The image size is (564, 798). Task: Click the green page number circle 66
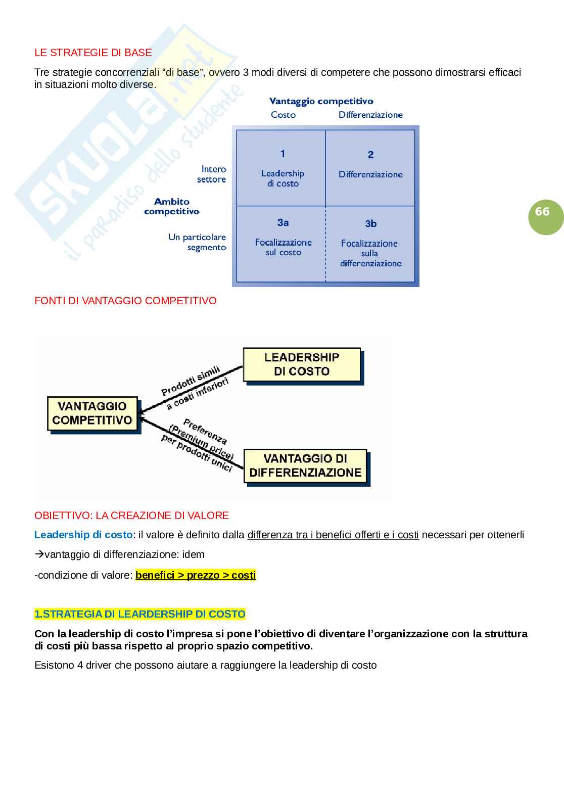click(545, 212)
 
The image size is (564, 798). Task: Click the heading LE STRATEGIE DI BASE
click(93, 53)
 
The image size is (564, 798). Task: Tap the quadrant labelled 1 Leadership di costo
click(281, 168)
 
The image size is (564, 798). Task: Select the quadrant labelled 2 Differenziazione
click(370, 168)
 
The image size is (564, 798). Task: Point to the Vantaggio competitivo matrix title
click(321, 101)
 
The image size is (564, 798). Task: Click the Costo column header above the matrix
click(283, 115)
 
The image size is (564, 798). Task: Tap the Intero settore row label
click(212, 174)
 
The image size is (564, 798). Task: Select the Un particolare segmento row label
click(198, 242)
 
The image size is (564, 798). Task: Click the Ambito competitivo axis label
click(171, 206)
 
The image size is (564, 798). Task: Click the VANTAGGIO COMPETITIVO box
click(92, 413)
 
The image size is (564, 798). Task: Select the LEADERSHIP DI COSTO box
click(302, 364)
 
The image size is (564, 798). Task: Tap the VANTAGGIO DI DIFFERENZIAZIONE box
click(305, 465)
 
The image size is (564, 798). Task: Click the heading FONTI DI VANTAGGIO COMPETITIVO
click(125, 301)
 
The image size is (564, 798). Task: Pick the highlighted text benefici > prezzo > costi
click(196, 575)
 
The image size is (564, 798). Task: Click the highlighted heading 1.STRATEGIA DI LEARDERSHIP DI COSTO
click(139, 614)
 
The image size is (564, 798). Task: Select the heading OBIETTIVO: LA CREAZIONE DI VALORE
click(131, 515)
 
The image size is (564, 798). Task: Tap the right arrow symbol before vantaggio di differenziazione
click(39, 554)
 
